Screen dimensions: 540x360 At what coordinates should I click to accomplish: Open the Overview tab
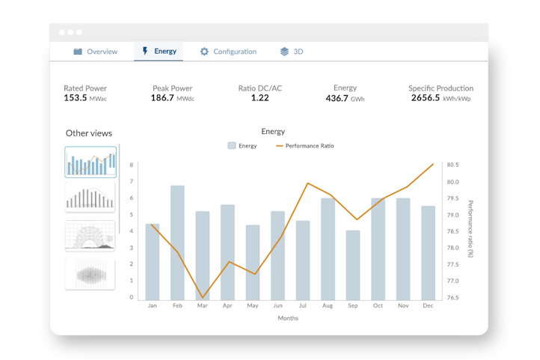click(x=96, y=52)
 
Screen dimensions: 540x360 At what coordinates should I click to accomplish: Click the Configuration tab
click(x=228, y=52)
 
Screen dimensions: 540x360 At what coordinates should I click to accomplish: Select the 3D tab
click(x=292, y=52)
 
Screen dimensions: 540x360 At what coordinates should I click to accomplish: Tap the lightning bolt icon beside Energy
click(x=145, y=51)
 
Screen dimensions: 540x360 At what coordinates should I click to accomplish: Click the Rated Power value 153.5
click(x=75, y=98)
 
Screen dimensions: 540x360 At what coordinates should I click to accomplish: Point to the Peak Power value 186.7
click(x=162, y=98)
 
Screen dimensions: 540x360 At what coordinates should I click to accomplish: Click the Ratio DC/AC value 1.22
click(x=260, y=98)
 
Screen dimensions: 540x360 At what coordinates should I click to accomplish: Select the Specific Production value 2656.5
click(x=426, y=98)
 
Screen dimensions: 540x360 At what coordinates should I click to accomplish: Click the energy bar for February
click(x=177, y=243)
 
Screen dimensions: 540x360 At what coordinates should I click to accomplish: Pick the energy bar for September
click(x=353, y=265)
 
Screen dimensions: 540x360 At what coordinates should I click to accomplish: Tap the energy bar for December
click(x=428, y=253)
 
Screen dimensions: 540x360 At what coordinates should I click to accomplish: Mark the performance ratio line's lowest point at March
click(x=203, y=297)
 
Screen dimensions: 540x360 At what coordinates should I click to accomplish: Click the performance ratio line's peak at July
click(x=308, y=183)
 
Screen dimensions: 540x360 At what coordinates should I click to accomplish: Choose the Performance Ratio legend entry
click(x=305, y=146)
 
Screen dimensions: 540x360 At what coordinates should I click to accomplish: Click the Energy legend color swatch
click(x=232, y=146)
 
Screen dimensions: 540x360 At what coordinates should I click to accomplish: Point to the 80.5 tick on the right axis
click(x=452, y=165)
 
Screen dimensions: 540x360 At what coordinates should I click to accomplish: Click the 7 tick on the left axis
click(x=131, y=182)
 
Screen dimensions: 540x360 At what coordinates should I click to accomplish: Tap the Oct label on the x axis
click(x=378, y=305)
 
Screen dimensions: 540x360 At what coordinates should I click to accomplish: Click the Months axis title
click(x=288, y=318)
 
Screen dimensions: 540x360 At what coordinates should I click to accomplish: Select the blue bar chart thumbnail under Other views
click(x=90, y=162)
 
